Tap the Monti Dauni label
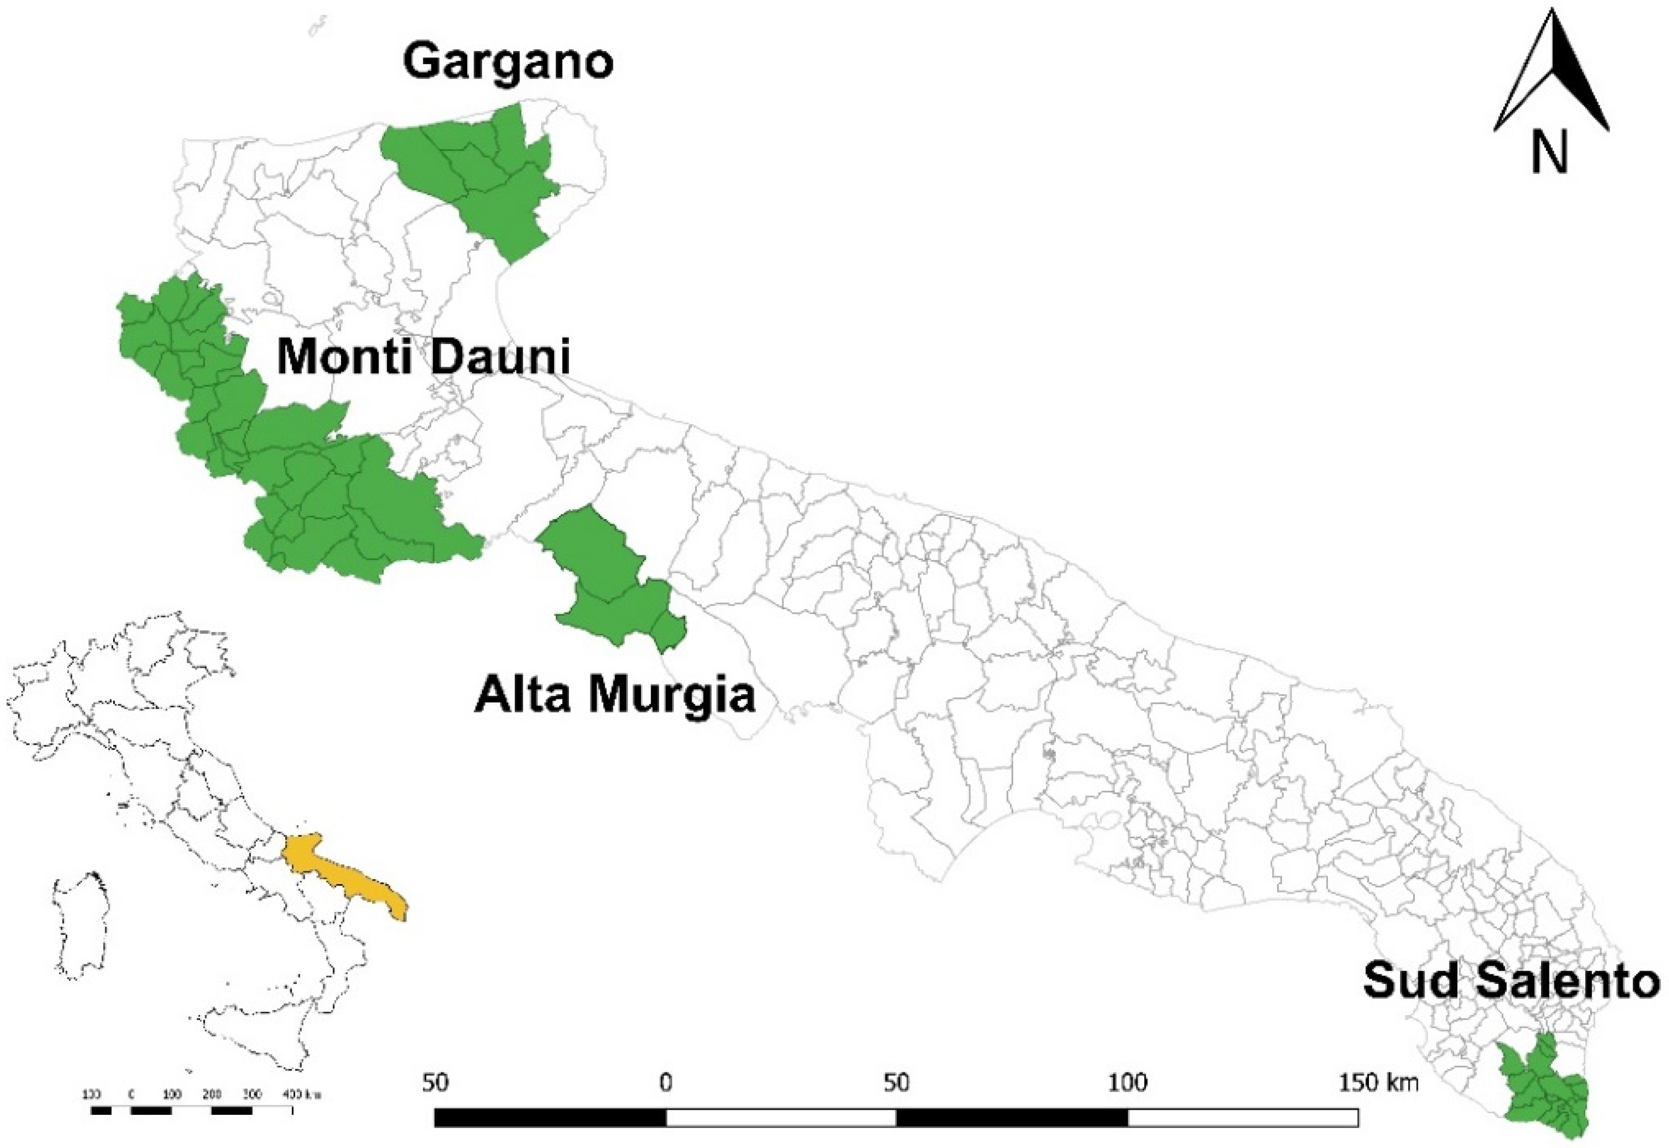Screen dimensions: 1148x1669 point(423,356)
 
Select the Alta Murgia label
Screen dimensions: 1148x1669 point(615,694)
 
